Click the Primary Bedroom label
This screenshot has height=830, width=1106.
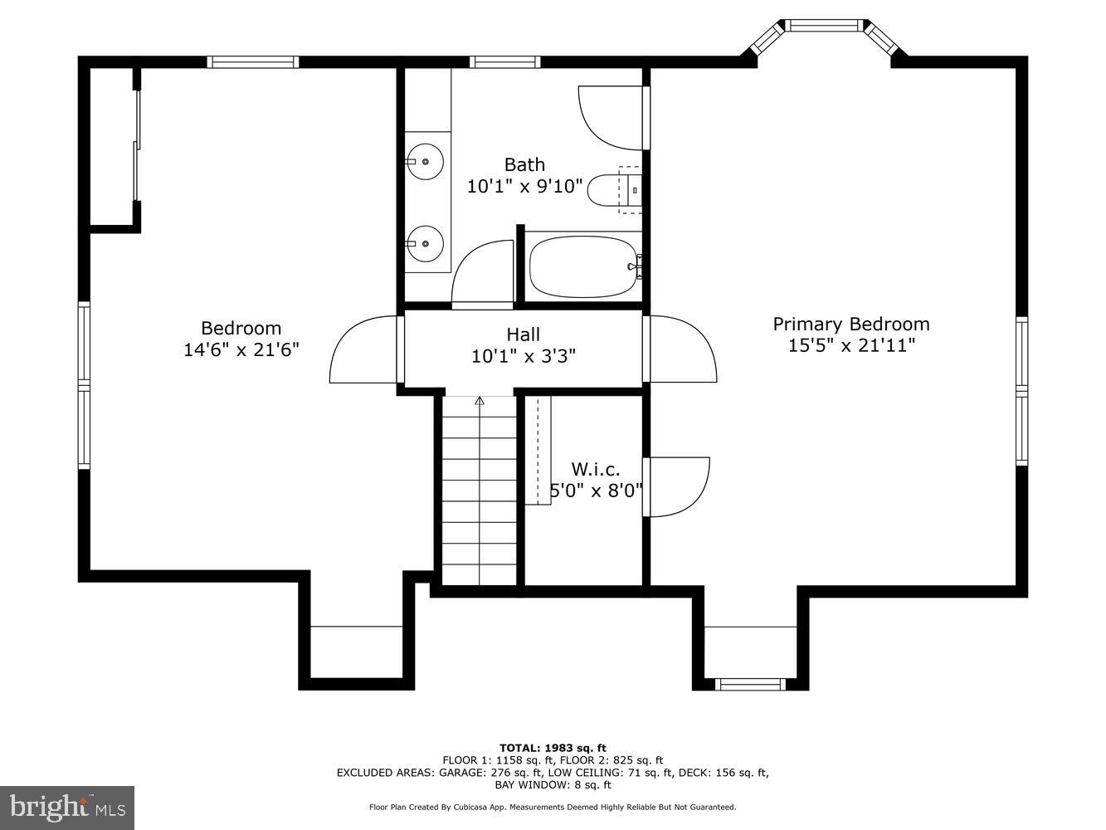(x=851, y=325)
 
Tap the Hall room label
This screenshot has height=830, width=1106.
(x=524, y=334)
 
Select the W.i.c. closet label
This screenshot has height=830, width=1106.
(x=595, y=469)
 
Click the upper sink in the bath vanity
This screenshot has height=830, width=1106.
(x=426, y=161)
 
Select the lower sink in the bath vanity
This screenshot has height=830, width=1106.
(x=426, y=244)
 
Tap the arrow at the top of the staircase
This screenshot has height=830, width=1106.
(x=480, y=402)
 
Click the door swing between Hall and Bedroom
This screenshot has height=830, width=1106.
(x=363, y=350)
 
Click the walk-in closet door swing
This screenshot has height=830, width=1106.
(x=679, y=486)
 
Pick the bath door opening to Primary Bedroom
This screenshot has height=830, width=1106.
(x=612, y=117)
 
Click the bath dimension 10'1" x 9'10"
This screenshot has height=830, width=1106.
(x=524, y=186)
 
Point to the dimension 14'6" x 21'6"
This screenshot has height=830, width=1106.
(x=241, y=349)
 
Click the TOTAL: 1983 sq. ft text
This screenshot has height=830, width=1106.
(x=553, y=748)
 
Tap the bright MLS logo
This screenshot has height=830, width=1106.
(x=67, y=807)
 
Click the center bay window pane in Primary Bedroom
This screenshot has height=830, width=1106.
(x=824, y=26)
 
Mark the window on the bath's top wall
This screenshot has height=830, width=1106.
(x=504, y=61)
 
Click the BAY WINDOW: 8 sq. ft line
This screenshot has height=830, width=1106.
(x=553, y=784)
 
